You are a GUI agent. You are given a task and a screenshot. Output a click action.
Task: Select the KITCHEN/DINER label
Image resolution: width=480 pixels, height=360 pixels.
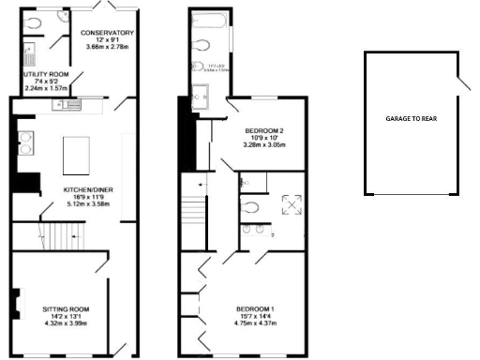83,188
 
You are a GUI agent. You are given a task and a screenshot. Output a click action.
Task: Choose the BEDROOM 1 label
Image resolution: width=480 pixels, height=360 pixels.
254,308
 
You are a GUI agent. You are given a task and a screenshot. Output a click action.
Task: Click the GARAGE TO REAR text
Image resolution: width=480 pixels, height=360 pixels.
411,118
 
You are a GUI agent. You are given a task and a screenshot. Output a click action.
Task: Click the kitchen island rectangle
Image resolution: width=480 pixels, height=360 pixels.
76,156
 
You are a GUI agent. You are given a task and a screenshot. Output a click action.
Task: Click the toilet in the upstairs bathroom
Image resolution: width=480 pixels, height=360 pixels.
199,67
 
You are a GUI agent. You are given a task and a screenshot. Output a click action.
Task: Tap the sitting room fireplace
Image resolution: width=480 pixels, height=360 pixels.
15,305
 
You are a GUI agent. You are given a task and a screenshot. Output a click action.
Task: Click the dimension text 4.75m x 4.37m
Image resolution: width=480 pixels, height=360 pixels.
254,324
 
